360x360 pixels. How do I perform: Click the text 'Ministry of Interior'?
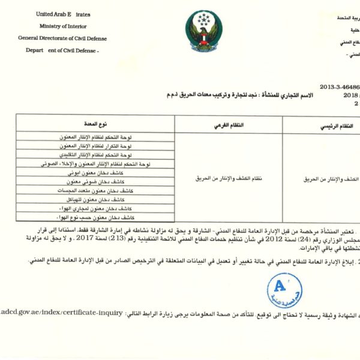pos(62,26)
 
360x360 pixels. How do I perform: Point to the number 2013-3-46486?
pos(338,86)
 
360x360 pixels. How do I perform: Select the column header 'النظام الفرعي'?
pos(229,125)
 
